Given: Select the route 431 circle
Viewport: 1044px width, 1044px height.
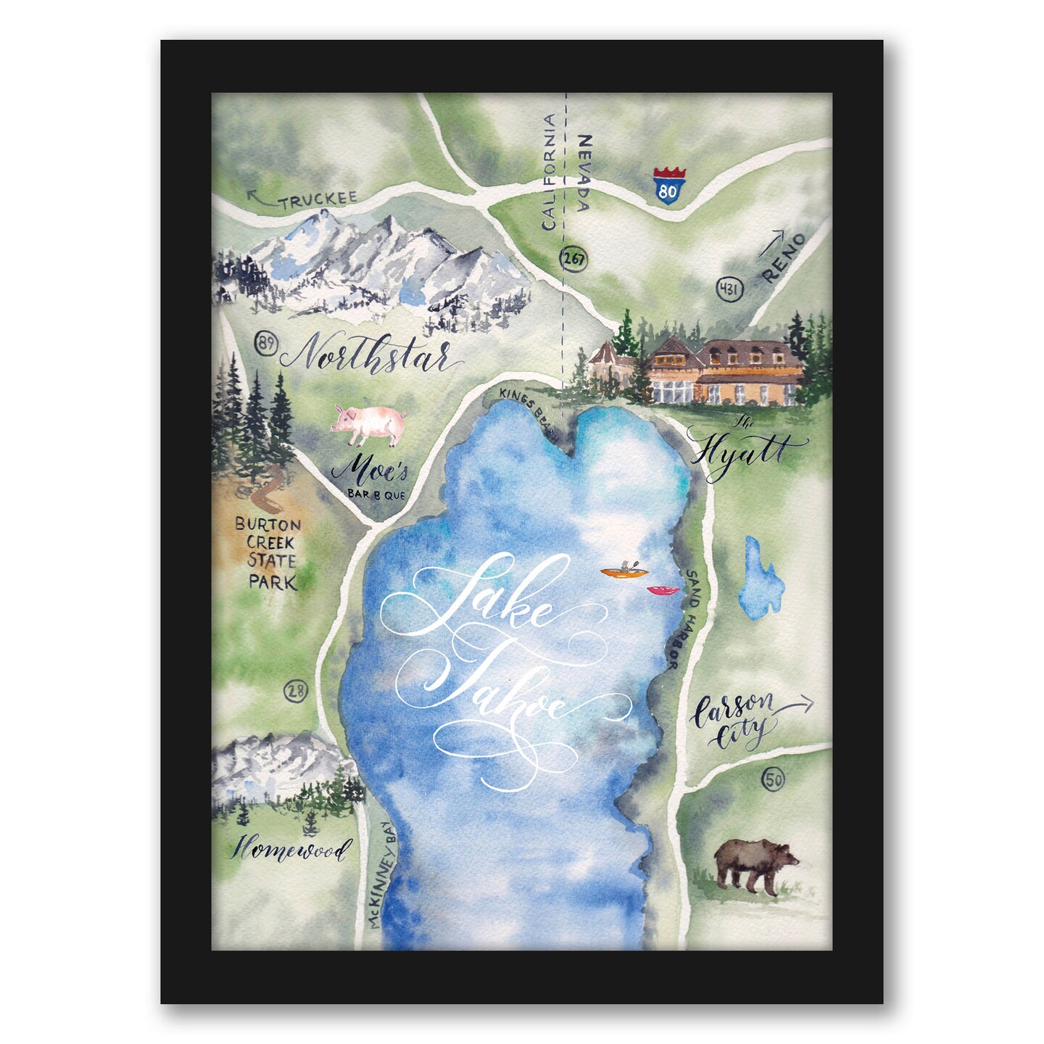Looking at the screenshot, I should click(x=729, y=289).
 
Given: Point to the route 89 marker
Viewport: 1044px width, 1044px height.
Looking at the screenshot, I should click(x=267, y=343).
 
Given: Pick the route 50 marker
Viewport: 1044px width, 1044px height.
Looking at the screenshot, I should click(x=773, y=780).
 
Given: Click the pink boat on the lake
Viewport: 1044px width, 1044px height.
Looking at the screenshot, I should click(x=663, y=591).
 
